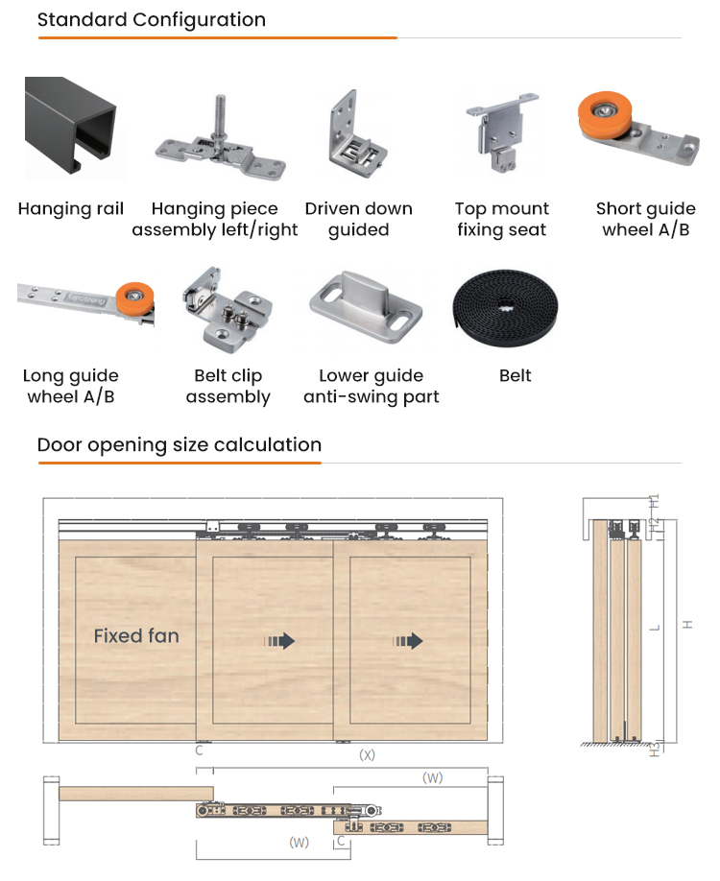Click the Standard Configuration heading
[x=152, y=20]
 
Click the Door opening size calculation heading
[x=180, y=445]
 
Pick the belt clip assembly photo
[x=228, y=305]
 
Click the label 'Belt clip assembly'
[x=228, y=387]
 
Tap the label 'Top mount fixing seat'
[x=502, y=220]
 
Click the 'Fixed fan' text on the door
[x=136, y=635]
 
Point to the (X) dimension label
[x=367, y=755]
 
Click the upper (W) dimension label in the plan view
[x=432, y=778]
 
